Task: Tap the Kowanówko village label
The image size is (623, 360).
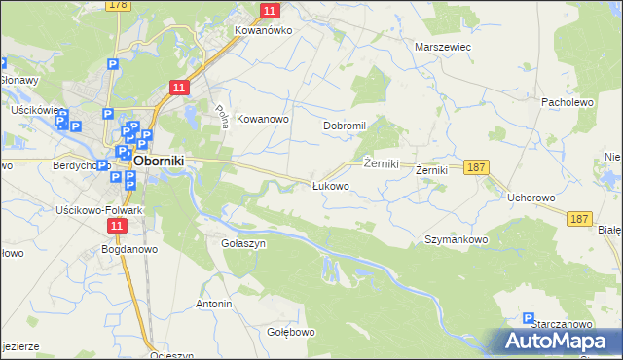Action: [264, 30]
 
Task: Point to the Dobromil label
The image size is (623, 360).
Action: [345, 126]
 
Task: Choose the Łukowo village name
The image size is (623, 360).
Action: [330, 185]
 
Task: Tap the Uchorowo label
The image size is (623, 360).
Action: [531, 198]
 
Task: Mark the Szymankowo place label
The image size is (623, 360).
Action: [456, 238]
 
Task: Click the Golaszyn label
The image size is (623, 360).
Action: [243, 243]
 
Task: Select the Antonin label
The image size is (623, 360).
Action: [214, 304]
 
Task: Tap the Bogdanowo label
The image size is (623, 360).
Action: [124, 249]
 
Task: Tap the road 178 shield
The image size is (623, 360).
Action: [118, 5]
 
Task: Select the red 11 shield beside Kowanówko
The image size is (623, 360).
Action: [271, 11]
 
